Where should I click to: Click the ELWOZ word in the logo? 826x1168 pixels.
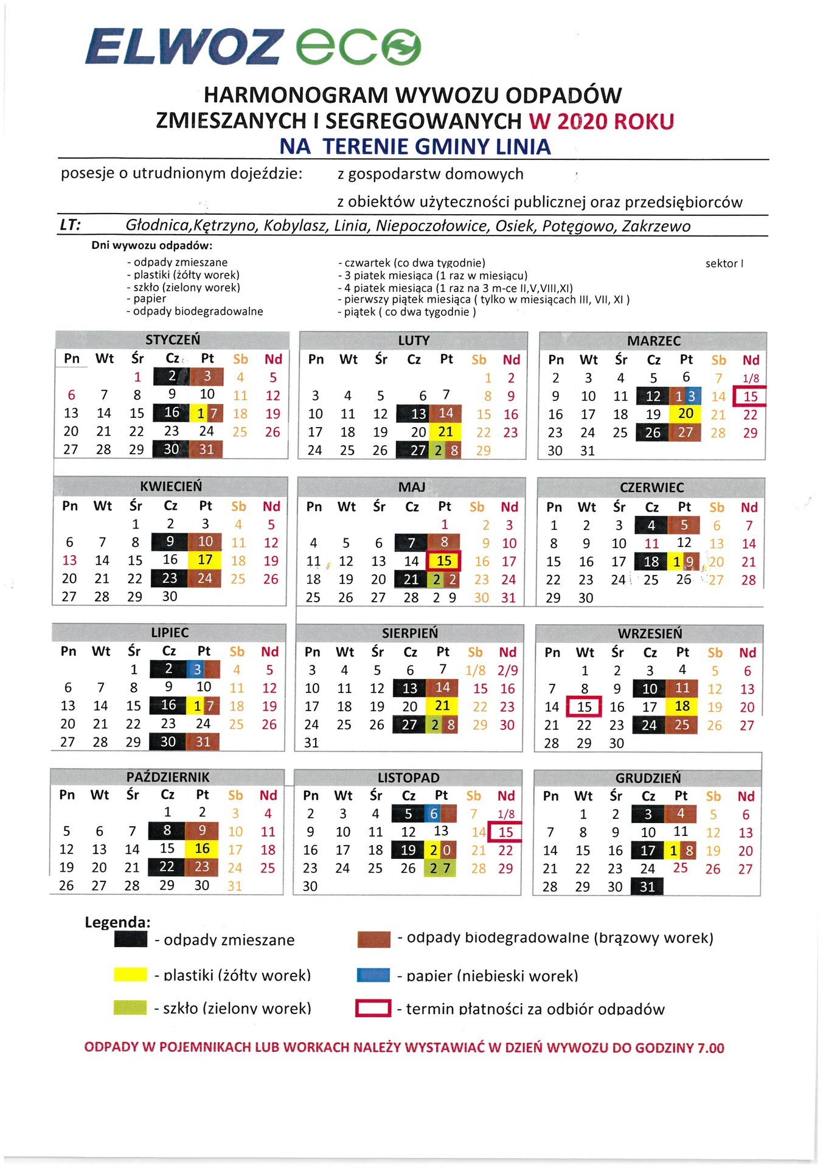coord(182,47)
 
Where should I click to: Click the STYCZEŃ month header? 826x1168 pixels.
coord(172,339)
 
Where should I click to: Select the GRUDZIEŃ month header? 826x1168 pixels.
coord(648,777)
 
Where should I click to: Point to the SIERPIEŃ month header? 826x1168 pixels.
coord(409,633)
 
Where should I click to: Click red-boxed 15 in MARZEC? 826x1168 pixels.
coord(750,397)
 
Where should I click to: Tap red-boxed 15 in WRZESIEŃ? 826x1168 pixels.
coord(584,707)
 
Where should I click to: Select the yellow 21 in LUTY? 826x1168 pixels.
coord(446,432)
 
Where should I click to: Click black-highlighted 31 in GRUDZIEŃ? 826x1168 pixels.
coord(647,886)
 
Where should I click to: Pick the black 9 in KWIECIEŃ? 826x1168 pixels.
coord(170,541)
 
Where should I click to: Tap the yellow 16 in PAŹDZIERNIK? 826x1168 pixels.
coord(202,849)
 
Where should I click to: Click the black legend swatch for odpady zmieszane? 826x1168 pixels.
coord(130,939)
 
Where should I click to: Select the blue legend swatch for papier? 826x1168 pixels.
coord(373,975)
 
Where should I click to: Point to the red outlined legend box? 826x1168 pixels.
coord(373,1009)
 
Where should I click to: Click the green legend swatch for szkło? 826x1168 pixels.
coord(130,1007)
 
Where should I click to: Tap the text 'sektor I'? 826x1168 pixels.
coord(724,263)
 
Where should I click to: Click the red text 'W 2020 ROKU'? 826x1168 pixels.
coord(601,121)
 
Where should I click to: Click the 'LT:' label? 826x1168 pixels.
coord(71,225)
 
